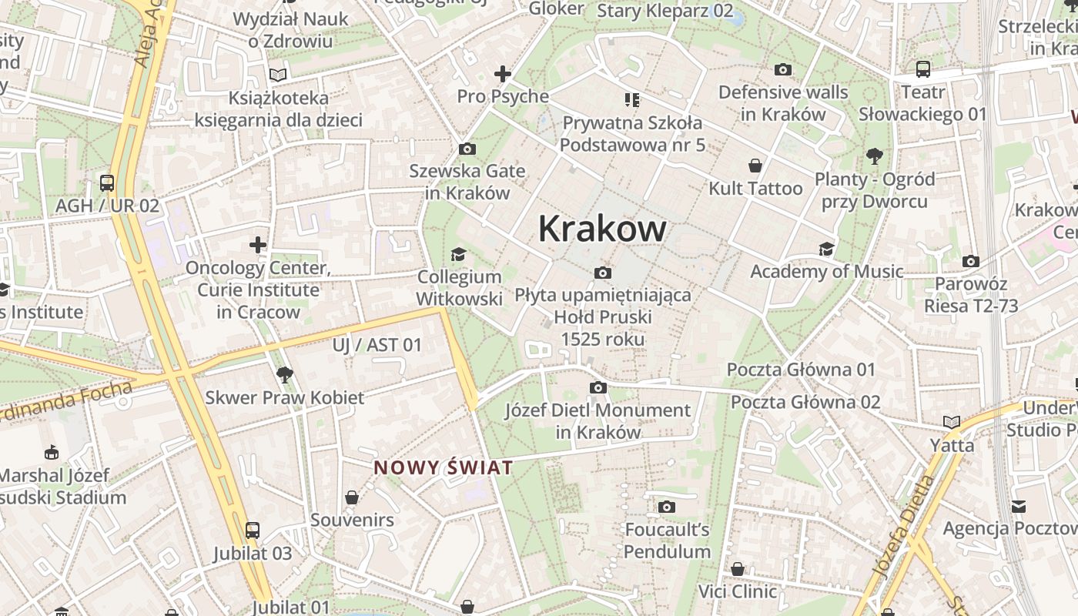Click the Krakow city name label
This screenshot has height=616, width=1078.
[x=602, y=229]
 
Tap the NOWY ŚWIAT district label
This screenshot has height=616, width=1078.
[x=444, y=467]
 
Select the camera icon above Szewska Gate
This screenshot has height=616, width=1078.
[x=467, y=149]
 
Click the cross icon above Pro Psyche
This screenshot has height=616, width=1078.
[x=503, y=74]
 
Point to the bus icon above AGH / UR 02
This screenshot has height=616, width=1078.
[x=107, y=183]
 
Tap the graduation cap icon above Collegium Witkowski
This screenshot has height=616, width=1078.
[x=459, y=254]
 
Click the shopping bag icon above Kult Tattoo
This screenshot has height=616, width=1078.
[x=755, y=166]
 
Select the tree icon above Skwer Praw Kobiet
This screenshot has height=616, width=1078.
[x=285, y=375]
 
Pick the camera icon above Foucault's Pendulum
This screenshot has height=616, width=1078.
[x=667, y=507]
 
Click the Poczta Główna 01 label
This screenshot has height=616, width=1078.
[x=802, y=370]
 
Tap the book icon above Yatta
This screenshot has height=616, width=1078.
[x=952, y=422]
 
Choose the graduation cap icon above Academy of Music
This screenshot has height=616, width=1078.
[x=826, y=249]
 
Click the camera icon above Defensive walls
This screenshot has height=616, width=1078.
[x=783, y=70]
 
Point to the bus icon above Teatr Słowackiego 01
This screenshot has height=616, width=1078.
[x=922, y=69]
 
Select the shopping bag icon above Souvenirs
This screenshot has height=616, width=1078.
[x=352, y=497]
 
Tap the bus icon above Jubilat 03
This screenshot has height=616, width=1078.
[x=253, y=530]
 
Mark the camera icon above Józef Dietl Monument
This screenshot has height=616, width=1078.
[x=598, y=387]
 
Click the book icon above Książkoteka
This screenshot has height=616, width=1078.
[x=278, y=75]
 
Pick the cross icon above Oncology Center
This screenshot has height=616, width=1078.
[x=258, y=246]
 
